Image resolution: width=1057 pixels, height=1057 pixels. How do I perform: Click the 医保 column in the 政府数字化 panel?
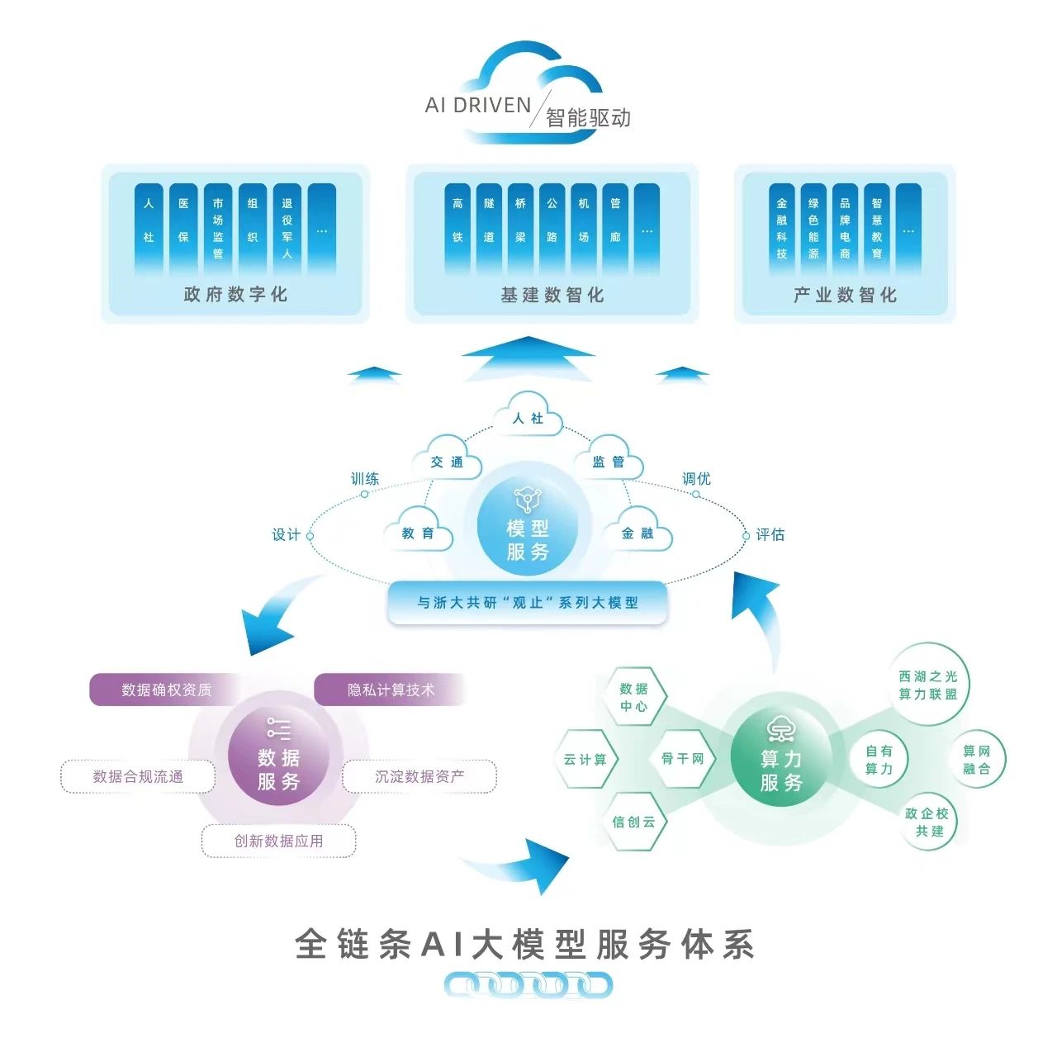183,228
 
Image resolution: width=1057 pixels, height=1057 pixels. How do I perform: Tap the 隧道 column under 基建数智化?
489,228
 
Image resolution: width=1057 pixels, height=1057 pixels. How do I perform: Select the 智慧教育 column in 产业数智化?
876,228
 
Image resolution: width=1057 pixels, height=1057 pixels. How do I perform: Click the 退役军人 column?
287,228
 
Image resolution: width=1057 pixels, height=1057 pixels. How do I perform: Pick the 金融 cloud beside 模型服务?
637,533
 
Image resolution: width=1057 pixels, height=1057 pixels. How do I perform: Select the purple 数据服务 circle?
278,757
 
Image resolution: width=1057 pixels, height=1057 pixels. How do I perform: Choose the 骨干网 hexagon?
682,758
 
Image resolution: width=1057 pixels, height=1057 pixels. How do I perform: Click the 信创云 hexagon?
633,822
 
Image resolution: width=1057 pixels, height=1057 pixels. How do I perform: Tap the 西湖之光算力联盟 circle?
928,685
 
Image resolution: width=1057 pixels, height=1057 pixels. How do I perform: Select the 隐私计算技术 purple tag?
390,690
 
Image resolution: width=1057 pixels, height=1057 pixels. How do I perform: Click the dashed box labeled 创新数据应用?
278,841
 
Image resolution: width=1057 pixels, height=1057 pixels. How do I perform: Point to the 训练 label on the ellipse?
365,479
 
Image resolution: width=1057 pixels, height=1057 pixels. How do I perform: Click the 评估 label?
770,535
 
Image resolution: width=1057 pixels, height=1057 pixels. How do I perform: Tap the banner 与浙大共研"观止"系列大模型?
528,603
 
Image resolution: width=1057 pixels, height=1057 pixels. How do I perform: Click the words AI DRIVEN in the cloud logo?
477,105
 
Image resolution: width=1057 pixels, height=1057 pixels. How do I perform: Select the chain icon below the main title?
528,984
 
